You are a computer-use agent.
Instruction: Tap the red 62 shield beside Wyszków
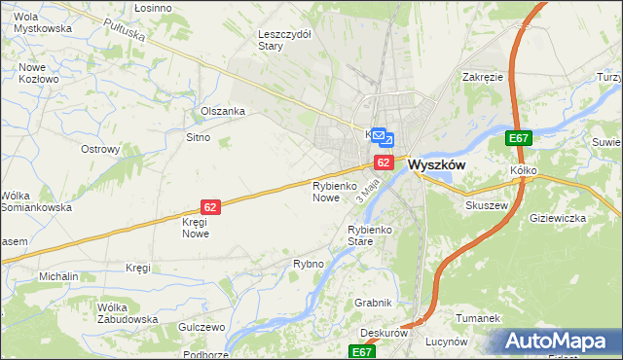point(384,162)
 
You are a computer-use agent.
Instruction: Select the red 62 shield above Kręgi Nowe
point(211,206)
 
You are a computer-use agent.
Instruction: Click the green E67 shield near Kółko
point(518,140)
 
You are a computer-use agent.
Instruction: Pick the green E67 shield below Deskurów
point(363,351)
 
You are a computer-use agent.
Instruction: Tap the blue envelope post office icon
point(383,139)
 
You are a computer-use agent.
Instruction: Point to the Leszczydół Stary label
point(284,39)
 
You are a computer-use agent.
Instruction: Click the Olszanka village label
point(222,111)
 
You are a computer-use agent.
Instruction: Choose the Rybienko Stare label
point(369,234)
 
